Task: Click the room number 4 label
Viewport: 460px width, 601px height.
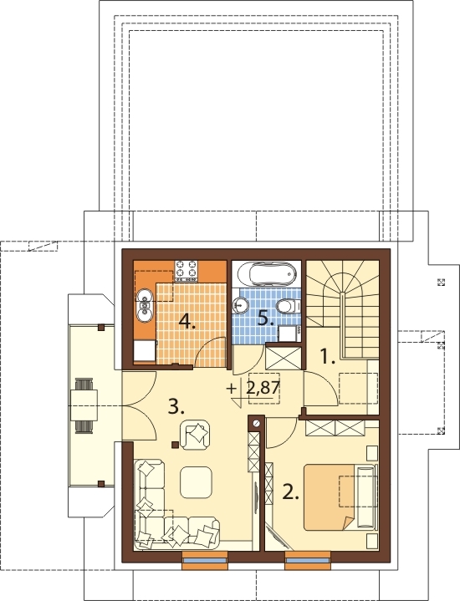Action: click(x=187, y=321)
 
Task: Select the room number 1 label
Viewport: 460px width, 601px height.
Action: click(x=328, y=357)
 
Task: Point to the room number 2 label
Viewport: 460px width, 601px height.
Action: click(x=290, y=491)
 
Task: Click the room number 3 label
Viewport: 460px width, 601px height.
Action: click(x=176, y=406)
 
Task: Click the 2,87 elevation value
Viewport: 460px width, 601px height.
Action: click(x=263, y=389)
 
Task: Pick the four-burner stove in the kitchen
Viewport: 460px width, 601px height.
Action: click(x=187, y=269)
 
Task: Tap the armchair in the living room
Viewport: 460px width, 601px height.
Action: click(x=196, y=435)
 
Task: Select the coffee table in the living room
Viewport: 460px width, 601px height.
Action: click(x=196, y=481)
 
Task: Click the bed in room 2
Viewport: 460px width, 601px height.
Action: click(x=340, y=497)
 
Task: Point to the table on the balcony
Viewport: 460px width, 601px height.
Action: click(x=84, y=406)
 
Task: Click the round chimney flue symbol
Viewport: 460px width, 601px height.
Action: click(x=257, y=423)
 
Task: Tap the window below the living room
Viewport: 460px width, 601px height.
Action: click(x=204, y=561)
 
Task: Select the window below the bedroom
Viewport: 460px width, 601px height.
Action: click(x=307, y=561)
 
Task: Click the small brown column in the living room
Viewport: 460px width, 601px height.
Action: click(x=175, y=445)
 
